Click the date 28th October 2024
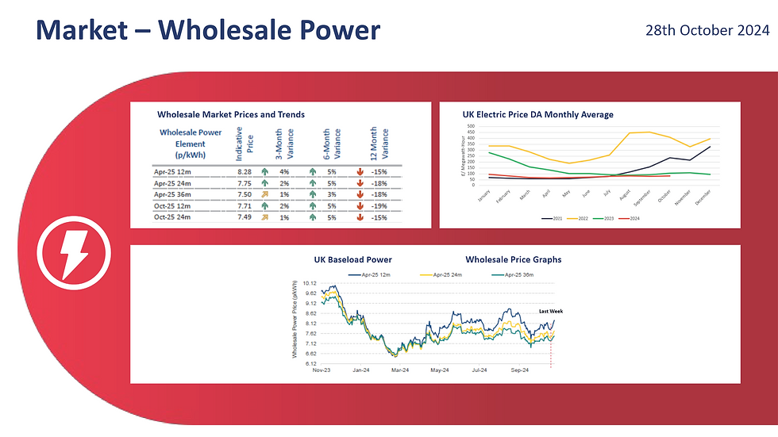point(707,31)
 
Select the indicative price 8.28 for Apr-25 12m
point(243,171)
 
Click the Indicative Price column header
point(244,144)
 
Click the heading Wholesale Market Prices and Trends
point(230,115)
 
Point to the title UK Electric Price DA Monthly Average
point(537,115)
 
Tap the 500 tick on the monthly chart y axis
point(470,126)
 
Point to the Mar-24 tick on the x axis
point(399,370)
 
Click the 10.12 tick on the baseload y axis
point(310,283)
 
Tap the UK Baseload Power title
point(352,259)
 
